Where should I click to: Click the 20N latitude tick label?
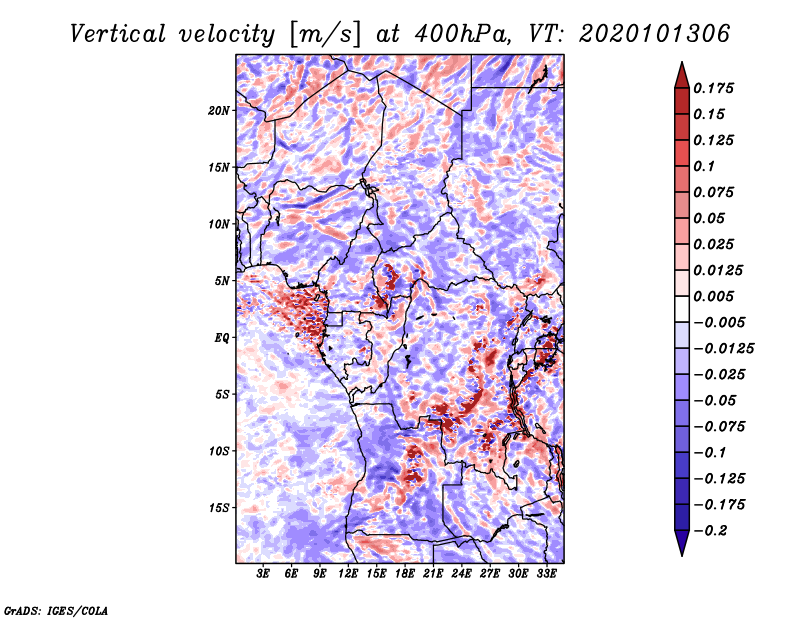point(219,110)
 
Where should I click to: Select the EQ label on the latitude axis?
point(222,338)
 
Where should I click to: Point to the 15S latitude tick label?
point(219,508)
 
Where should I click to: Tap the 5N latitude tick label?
point(222,281)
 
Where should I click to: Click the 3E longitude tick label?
point(264,574)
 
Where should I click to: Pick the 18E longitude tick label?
point(405,574)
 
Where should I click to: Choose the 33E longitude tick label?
point(546,574)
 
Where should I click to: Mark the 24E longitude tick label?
point(462,574)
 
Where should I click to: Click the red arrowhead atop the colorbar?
point(681,73)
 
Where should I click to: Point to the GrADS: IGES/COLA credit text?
point(56,609)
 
